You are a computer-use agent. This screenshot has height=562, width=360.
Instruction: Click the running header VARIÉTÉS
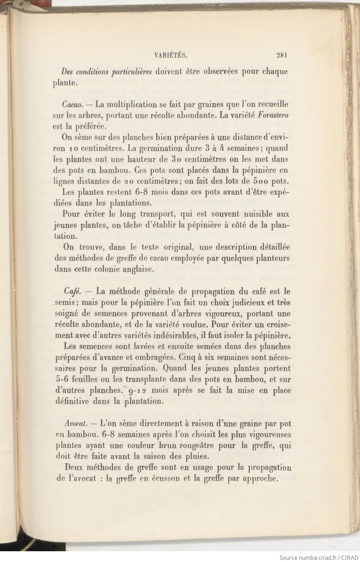point(171,55)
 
